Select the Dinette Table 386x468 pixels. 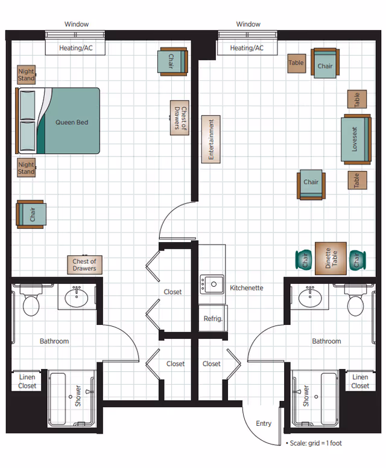click(331, 258)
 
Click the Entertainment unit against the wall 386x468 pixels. click(211, 139)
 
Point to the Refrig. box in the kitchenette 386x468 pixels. click(212, 318)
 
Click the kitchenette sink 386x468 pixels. click(212, 283)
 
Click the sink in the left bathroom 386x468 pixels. click(77, 297)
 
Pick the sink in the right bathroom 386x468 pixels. click(309, 297)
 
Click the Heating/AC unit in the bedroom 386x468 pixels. click(75, 48)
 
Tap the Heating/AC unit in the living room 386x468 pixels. click(247, 48)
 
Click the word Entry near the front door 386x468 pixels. click(264, 423)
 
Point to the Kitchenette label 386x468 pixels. click(247, 288)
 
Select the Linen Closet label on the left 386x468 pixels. click(27, 382)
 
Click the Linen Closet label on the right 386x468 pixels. click(360, 382)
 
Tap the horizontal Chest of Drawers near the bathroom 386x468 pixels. click(84, 264)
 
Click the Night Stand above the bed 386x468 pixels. click(26, 75)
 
